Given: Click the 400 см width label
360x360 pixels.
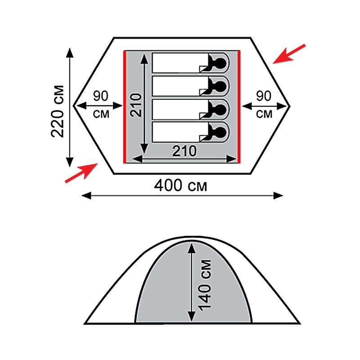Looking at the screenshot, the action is [180, 185].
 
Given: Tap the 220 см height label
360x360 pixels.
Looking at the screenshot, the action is [58, 111].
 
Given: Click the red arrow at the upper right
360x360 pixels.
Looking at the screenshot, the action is [289, 54].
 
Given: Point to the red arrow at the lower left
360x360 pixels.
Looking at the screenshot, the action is [81, 173].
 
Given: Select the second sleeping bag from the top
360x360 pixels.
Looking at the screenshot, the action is [190, 86].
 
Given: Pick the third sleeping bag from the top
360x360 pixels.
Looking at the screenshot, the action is [190, 109].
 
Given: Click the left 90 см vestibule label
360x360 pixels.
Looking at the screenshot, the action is [101, 105].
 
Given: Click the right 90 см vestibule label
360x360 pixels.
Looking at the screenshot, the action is [264, 105].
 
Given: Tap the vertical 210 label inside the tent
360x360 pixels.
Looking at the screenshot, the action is [136, 105].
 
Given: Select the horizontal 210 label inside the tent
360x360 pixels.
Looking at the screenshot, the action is [184, 151].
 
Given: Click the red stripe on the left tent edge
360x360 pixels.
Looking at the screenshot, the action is [125, 107].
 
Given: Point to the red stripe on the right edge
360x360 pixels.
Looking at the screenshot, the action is [239, 107].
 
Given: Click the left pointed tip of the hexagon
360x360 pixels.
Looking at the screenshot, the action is [73, 106].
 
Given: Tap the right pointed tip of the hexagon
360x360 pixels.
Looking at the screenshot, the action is [290, 106].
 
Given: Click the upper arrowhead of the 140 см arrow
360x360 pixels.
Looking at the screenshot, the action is [192, 248].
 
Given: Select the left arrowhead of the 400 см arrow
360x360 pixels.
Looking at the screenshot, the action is [86, 196].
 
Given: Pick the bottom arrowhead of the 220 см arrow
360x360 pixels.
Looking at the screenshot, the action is [70, 162].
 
